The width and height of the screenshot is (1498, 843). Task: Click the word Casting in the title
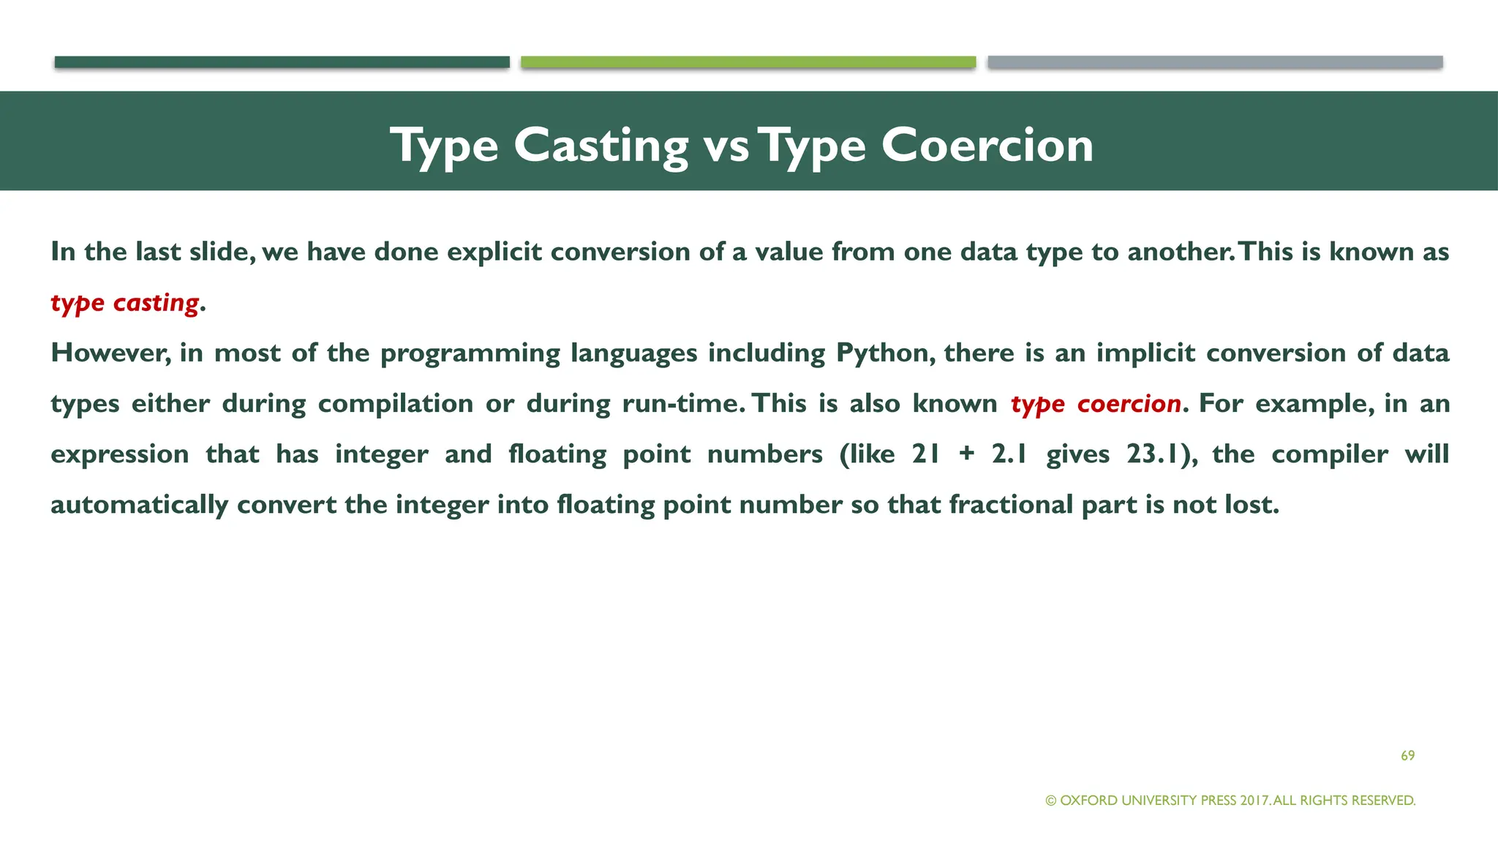coord(601,145)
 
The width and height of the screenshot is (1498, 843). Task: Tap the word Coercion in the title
coord(987,145)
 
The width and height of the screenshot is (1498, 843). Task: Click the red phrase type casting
coord(124,303)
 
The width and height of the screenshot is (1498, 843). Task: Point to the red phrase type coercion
coord(1096,404)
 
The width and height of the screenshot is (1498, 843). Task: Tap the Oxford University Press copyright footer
coord(1230,801)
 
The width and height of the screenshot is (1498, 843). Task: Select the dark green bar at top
coord(282,62)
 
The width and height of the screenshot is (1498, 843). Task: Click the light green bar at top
coord(748,62)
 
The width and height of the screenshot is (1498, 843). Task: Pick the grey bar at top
coord(1215,62)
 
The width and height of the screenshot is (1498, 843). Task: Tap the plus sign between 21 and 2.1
coord(966,454)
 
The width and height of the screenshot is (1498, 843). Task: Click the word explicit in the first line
coord(494,252)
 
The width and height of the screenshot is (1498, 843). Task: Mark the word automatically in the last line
coord(139,505)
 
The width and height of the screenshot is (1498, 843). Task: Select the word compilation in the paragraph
coord(395,404)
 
